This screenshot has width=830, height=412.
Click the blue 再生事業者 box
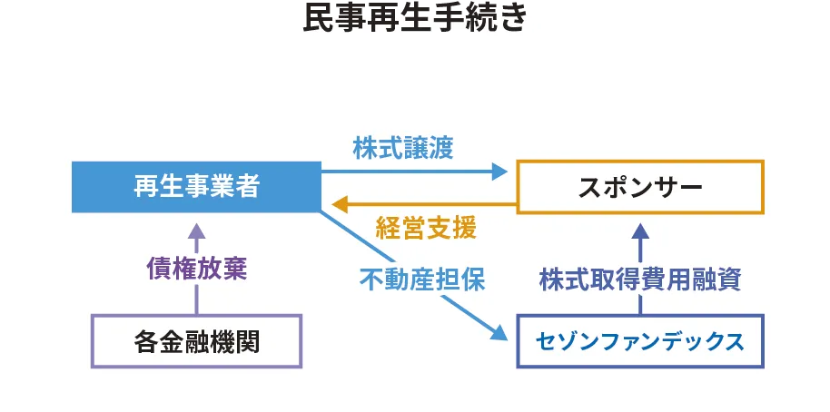pyautogui.click(x=196, y=187)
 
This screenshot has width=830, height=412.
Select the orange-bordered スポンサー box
pyautogui.click(x=640, y=187)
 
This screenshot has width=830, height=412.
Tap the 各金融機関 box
pyautogui.click(x=196, y=341)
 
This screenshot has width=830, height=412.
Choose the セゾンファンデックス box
pyautogui.click(x=640, y=341)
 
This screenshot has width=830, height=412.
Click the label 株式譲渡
pyautogui.click(x=402, y=148)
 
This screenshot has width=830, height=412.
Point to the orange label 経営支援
pyautogui.click(x=426, y=228)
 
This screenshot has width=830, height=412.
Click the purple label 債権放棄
pyautogui.click(x=196, y=269)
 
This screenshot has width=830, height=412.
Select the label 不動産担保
pyautogui.click(x=422, y=280)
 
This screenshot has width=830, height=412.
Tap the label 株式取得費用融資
pyautogui.click(x=640, y=280)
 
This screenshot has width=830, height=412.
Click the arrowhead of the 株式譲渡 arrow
pyautogui.click(x=499, y=170)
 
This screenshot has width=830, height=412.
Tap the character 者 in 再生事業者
pyautogui.click(x=247, y=187)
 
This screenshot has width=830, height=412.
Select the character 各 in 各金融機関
pyautogui.click(x=145, y=341)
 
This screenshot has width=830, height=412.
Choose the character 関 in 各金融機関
pyautogui.click(x=247, y=341)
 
